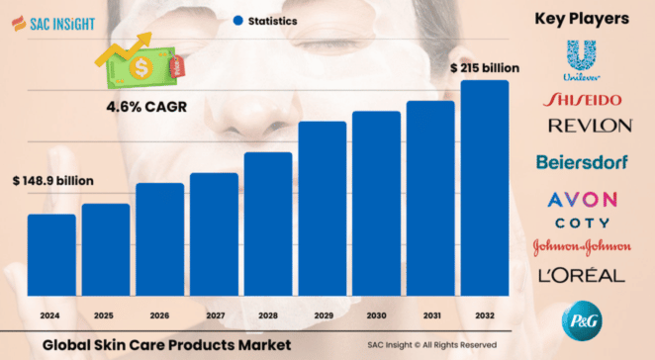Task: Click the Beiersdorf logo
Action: pyautogui.click(x=582, y=160)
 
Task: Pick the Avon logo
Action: pyautogui.click(x=582, y=200)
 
